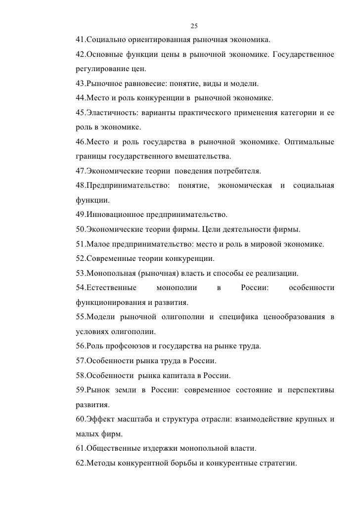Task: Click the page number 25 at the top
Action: pyautogui.click(x=194, y=26)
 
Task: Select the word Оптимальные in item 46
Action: pyautogui.click(x=309, y=143)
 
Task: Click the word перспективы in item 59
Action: pyautogui.click(x=310, y=390)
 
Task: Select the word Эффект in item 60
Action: pyautogui.click(x=100, y=420)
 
